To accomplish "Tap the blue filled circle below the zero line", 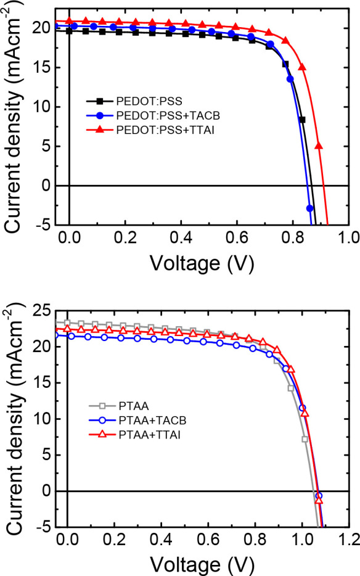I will (310, 208).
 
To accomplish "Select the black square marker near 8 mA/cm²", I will (302, 120).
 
